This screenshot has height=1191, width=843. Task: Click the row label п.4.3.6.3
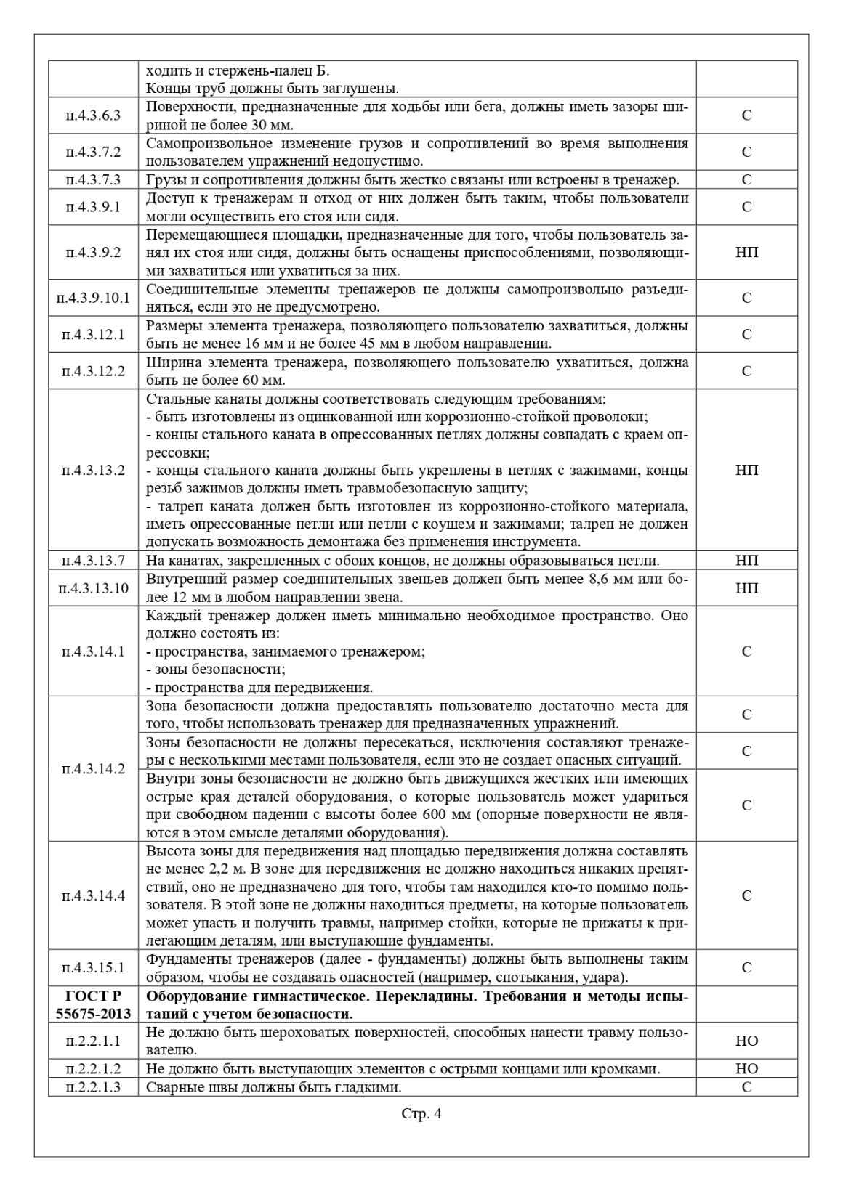pyautogui.click(x=93, y=115)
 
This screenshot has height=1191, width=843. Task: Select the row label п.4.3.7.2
pyautogui.click(x=93, y=152)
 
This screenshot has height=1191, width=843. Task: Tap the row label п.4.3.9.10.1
pyautogui.click(x=93, y=298)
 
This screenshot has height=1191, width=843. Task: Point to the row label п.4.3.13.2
pyautogui.click(x=93, y=470)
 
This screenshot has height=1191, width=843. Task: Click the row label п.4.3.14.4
pyautogui.click(x=93, y=895)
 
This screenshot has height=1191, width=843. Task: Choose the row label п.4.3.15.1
pyautogui.click(x=93, y=967)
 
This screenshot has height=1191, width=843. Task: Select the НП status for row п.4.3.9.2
pyautogui.click(x=746, y=253)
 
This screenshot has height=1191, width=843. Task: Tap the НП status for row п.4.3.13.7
pyautogui.click(x=746, y=561)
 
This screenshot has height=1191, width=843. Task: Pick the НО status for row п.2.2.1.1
pyautogui.click(x=746, y=1041)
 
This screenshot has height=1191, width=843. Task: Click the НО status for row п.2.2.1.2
pyautogui.click(x=746, y=1068)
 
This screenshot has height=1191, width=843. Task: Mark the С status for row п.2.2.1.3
pyautogui.click(x=746, y=1087)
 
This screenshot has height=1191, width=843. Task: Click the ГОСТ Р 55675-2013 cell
pyautogui.click(x=93, y=1004)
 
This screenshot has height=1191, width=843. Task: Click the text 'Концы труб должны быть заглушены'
pyautogui.click(x=272, y=89)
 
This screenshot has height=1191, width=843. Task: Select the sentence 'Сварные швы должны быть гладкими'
pyautogui.click(x=274, y=1087)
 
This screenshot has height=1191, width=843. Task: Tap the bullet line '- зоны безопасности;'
pyautogui.click(x=216, y=669)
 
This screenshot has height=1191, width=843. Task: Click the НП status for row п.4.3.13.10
pyautogui.click(x=746, y=588)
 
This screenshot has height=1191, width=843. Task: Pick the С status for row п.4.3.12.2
pyautogui.click(x=746, y=371)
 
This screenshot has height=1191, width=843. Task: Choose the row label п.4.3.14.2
pyautogui.click(x=93, y=769)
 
